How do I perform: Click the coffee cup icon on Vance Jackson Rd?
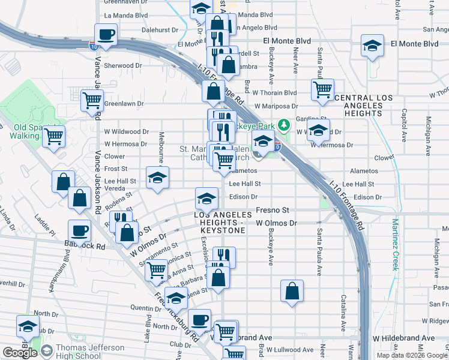click(106, 34)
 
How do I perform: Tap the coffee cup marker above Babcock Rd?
click(79, 230)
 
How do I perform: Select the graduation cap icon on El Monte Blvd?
click(372, 45)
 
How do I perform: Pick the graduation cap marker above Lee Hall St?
click(157, 178)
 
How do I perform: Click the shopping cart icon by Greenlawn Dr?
click(92, 100)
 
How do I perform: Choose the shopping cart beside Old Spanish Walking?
click(53, 136)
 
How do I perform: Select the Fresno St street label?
click(273, 210)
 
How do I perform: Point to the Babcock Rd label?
click(85, 246)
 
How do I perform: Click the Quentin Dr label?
click(142, 308)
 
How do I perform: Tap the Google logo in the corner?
click(20, 353)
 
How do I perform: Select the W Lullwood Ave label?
click(290, 349)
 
